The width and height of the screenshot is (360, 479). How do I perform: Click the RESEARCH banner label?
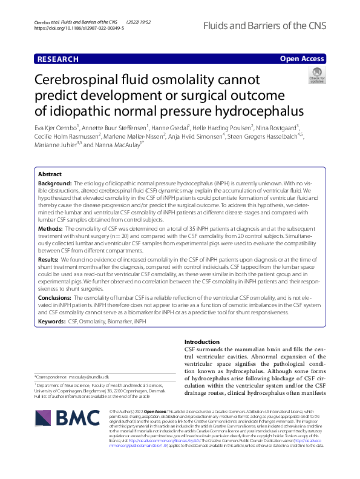[57, 59]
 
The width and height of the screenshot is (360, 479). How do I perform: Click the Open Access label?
[303, 59]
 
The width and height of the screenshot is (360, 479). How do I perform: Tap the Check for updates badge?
[316, 76]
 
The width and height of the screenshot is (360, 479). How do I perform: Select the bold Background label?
[55, 182]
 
